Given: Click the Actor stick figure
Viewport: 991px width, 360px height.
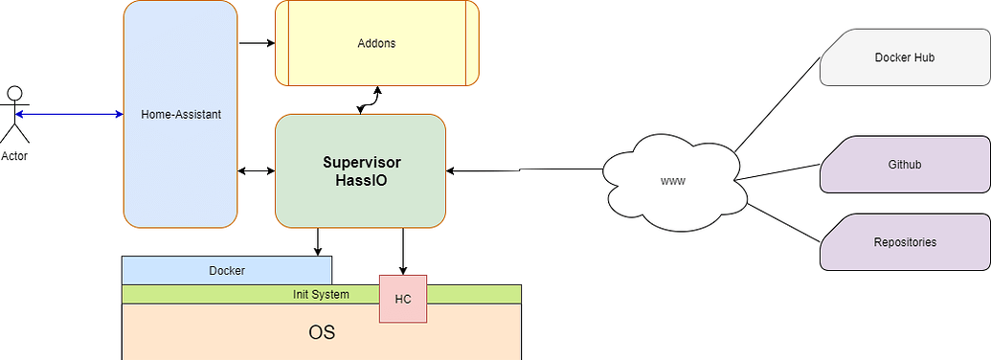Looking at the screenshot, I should click(13, 115).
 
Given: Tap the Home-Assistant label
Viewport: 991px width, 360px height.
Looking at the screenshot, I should click(181, 115).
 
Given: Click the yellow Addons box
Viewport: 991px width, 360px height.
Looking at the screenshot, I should click(376, 44).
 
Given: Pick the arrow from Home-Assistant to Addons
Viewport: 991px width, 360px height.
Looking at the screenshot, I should click(256, 43).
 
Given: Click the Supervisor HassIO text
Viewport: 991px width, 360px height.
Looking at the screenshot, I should click(361, 171).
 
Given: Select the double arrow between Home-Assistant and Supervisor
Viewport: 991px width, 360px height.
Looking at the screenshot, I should click(256, 171).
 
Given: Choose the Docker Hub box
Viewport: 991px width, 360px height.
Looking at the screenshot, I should click(904, 58).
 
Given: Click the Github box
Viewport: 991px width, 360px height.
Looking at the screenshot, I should click(904, 165).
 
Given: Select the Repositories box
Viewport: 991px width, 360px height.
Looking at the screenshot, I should click(904, 242).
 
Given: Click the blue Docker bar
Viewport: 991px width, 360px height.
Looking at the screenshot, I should click(227, 271).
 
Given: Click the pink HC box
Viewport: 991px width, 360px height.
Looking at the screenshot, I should click(402, 299).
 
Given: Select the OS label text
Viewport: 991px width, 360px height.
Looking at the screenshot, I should click(322, 333).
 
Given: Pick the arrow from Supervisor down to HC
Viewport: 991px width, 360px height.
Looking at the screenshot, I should click(403, 251).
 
